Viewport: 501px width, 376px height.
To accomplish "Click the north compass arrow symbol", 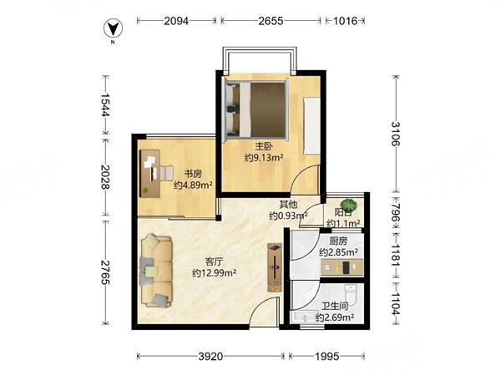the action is pyautogui.click(x=113, y=28).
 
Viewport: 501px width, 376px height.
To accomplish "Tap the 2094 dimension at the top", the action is pyautogui.click(x=176, y=21).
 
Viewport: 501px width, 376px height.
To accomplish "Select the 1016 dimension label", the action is pyautogui.click(x=345, y=21).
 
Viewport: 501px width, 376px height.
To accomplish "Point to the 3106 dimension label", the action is pyautogui.click(x=396, y=134).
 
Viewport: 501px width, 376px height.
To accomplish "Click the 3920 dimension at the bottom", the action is pyautogui.click(x=210, y=356).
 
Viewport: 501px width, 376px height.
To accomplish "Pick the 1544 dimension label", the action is pyautogui.click(x=105, y=105).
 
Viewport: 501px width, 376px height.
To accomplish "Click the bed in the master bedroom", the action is pyautogui.click(x=256, y=109).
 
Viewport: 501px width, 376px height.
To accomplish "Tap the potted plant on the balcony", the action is pyautogui.click(x=348, y=206).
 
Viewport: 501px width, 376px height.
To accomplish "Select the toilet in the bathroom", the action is pyautogui.click(x=350, y=295).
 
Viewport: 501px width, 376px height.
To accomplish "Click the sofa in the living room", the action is pyautogui.click(x=156, y=271).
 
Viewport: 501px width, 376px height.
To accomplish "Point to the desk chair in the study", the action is pyautogui.click(x=167, y=173).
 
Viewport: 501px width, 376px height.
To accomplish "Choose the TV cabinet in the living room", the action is pyautogui.click(x=275, y=267).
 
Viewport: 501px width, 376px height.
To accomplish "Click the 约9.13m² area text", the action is pyautogui.click(x=264, y=157).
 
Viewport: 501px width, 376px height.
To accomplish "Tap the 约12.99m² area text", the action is pyautogui.click(x=214, y=273).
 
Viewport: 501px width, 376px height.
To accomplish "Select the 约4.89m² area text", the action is pyautogui.click(x=194, y=185).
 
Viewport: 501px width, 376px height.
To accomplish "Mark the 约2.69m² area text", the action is pyautogui.click(x=335, y=318).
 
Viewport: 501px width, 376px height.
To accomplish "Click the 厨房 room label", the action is pyautogui.click(x=338, y=241).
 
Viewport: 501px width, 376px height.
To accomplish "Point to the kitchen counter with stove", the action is pyautogui.click(x=342, y=267).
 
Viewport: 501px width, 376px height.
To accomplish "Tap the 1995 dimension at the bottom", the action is pyautogui.click(x=326, y=356).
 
